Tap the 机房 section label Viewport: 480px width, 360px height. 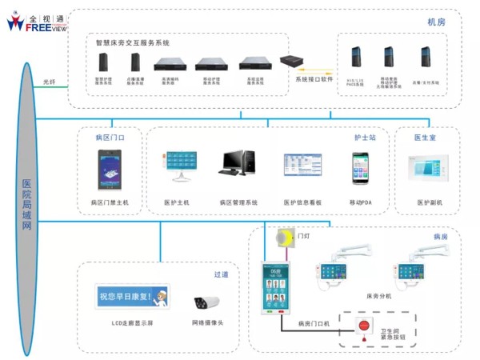click(x=437, y=22)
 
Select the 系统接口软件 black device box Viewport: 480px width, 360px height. click(x=290, y=61)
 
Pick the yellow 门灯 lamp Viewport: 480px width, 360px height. click(x=283, y=238)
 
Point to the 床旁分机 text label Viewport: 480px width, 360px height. click(x=378, y=297)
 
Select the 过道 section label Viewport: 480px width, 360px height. click(x=222, y=274)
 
